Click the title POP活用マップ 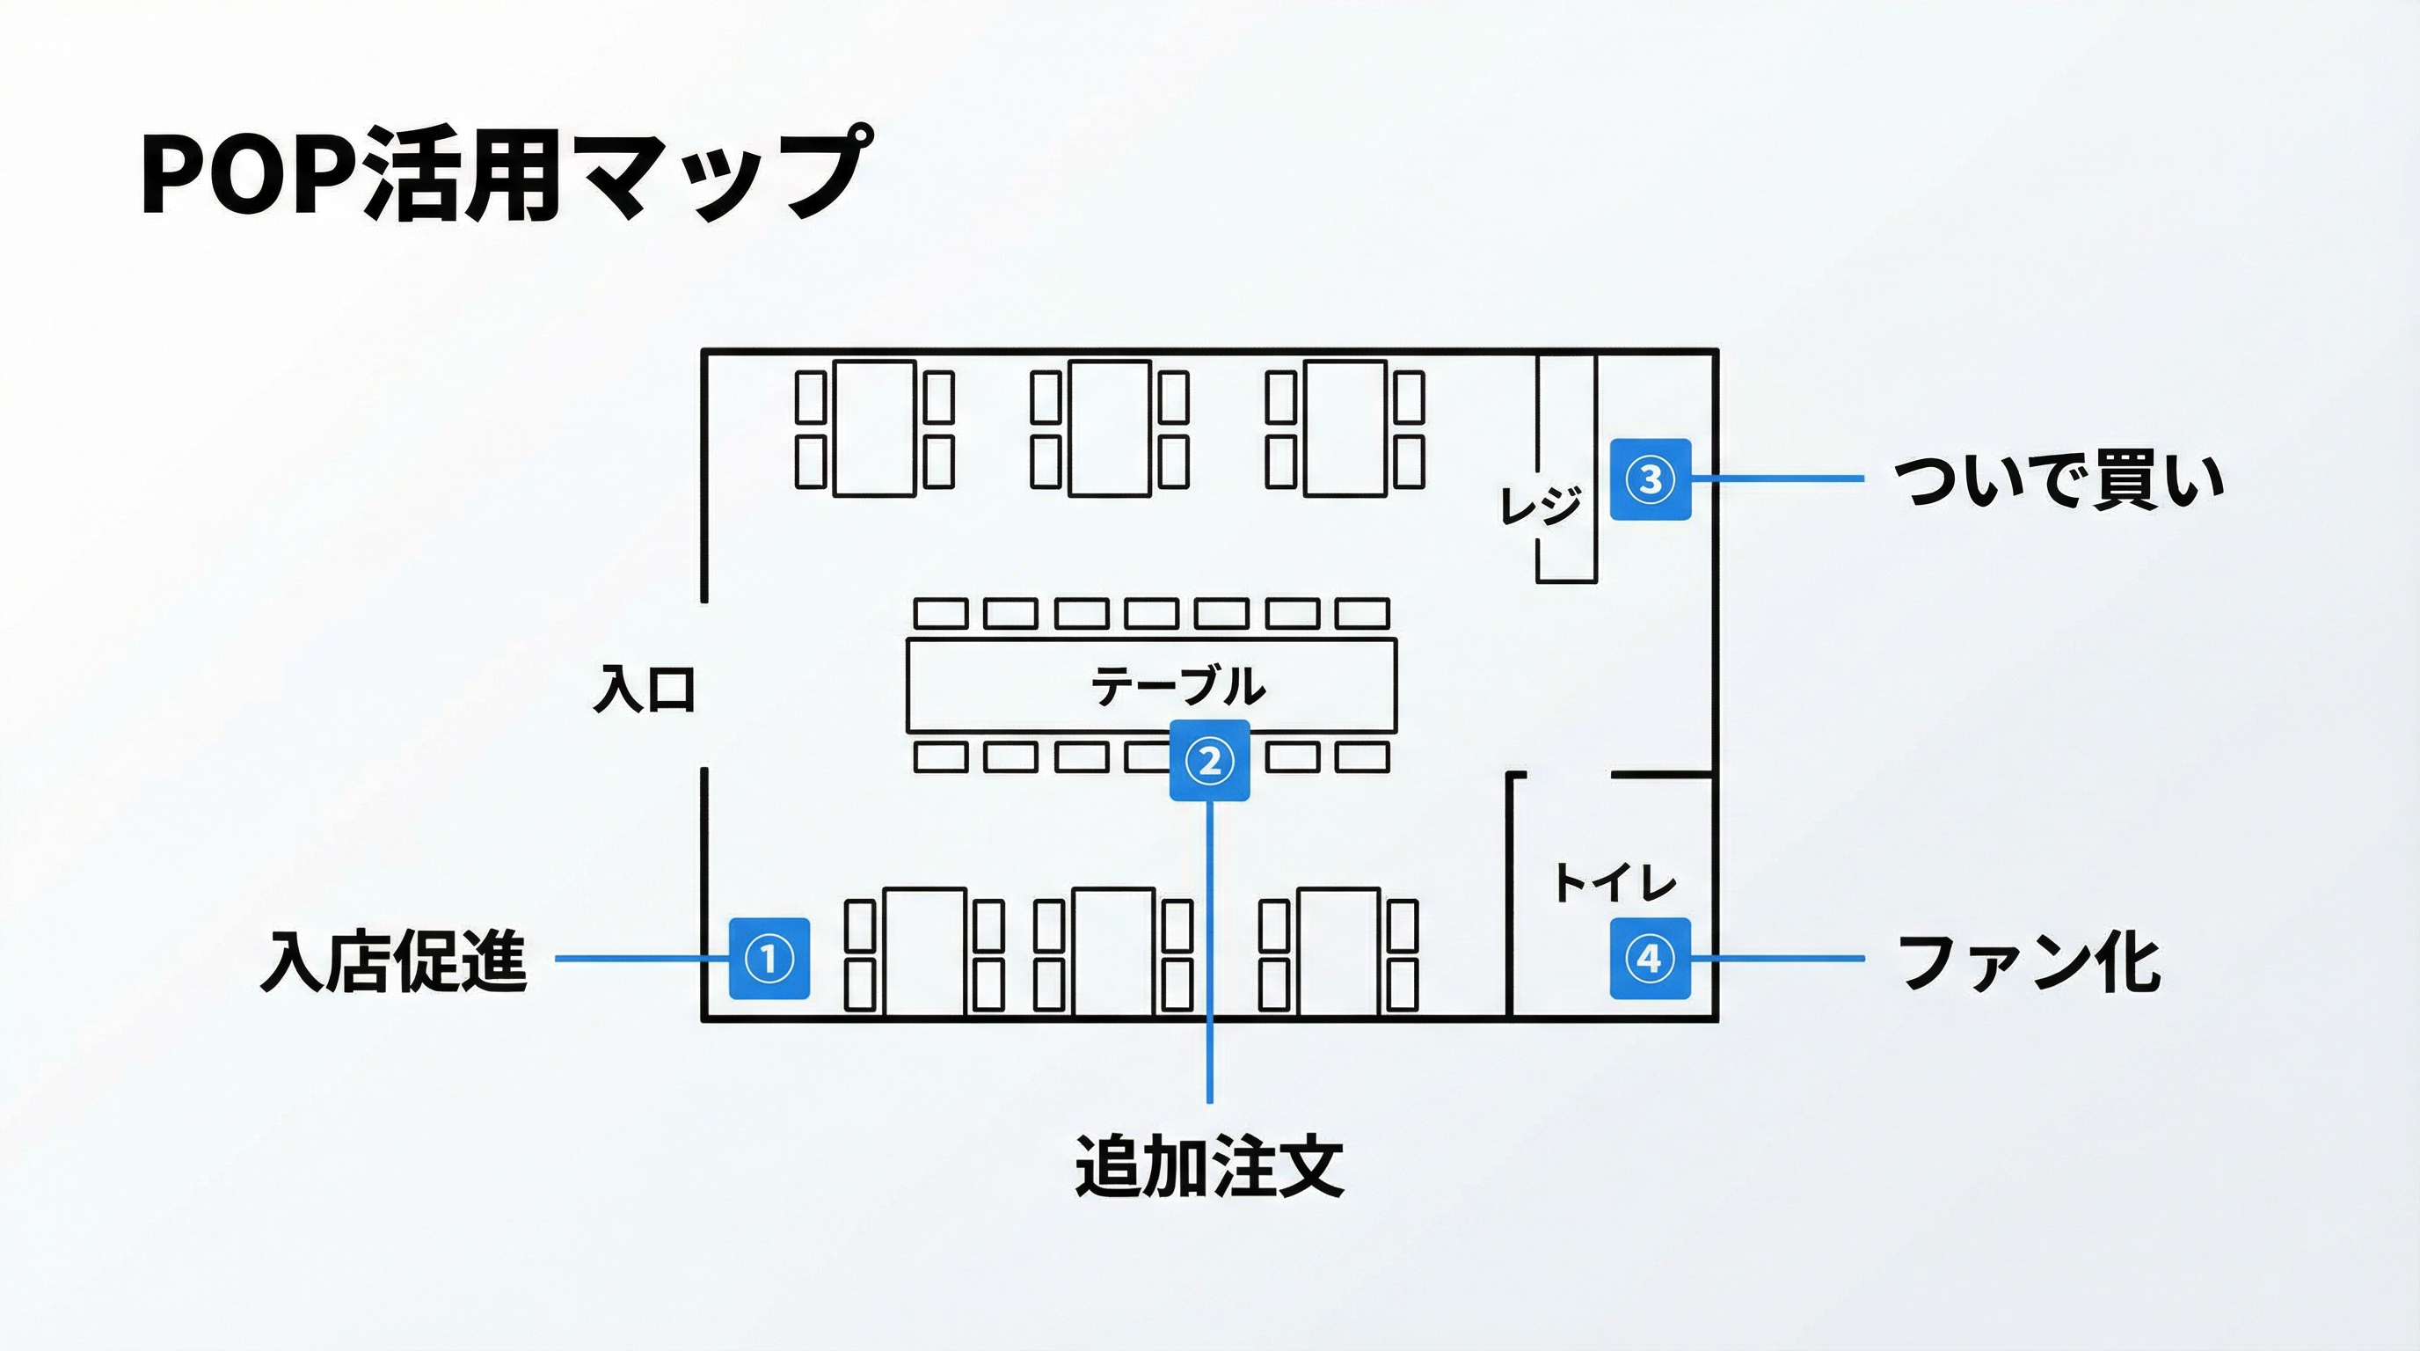tap(503, 174)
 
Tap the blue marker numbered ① tap(769, 959)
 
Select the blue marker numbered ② tap(1209, 760)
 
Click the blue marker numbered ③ tap(1651, 479)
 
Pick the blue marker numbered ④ tap(1650, 959)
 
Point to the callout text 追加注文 tap(1209, 1166)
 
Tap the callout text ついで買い tap(2059, 480)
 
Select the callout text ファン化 tap(2029, 961)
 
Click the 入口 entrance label tap(645, 690)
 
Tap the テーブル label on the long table tap(1178, 686)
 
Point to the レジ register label tap(1540, 506)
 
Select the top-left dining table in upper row tap(875, 428)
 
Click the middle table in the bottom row tap(1113, 951)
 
